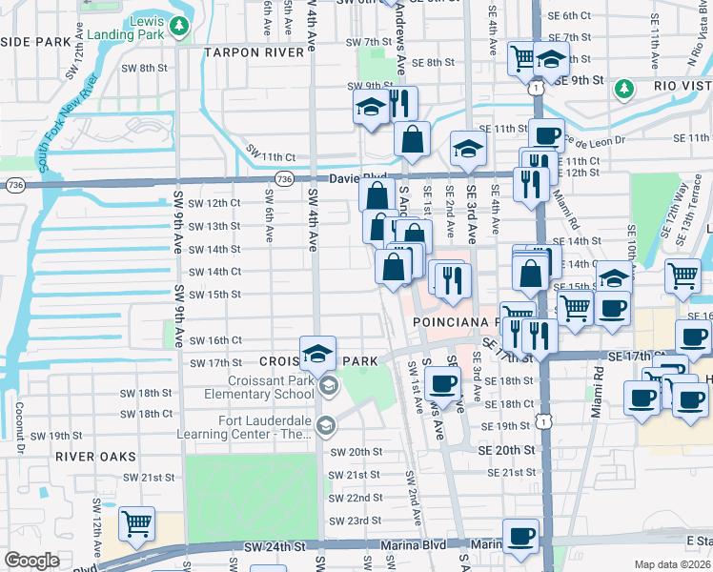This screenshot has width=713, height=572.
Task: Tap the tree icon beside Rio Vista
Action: click(624, 89)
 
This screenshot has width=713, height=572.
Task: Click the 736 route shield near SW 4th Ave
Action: click(283, 178)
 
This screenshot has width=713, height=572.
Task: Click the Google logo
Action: click(31, 561)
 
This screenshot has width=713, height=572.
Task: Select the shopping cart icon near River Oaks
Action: click(137, 523)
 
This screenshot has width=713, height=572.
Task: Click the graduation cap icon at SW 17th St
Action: click(318, 353)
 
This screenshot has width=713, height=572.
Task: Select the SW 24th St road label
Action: click(273, 547)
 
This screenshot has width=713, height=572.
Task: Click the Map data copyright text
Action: click(672, 564)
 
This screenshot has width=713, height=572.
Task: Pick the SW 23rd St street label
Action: click(356, 521)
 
